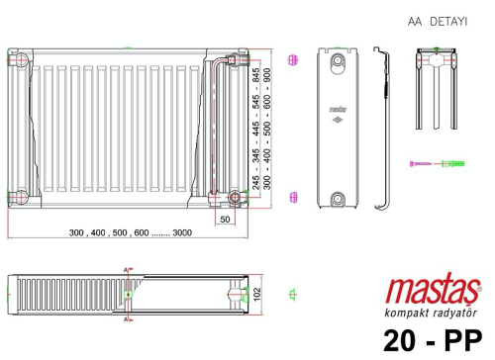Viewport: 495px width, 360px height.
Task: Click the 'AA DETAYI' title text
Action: pos(437,20)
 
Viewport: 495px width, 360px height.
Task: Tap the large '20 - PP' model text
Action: pos(434,339)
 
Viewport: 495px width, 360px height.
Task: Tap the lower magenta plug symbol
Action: pos(292,195)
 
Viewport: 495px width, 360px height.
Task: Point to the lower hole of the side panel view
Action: pos(339,195)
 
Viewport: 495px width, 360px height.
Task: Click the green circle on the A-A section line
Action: pos(129,294)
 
